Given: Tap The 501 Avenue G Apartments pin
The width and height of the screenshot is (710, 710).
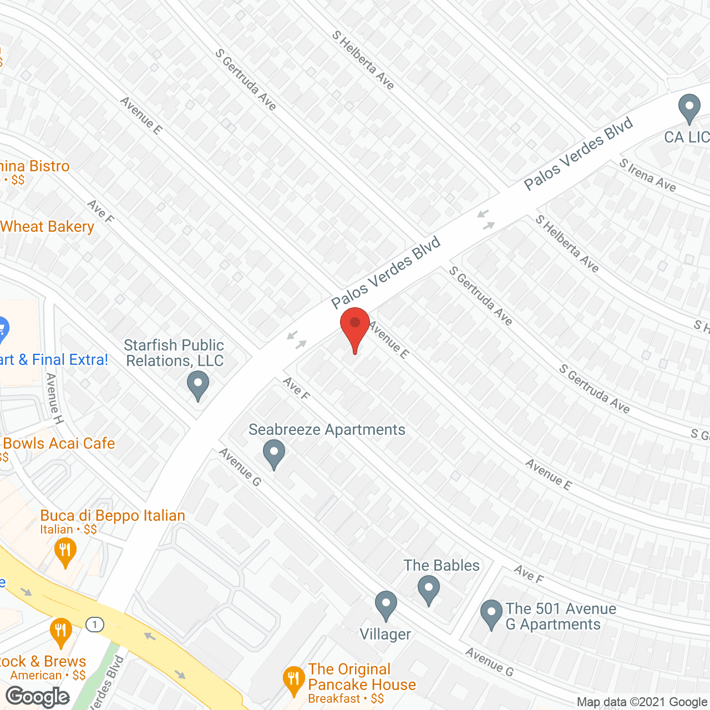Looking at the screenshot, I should tap(491, 613).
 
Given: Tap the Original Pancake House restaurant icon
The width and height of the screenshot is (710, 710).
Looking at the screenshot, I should tap(293, 680).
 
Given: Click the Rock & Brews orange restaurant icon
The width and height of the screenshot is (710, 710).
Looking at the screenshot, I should tap(60, 631).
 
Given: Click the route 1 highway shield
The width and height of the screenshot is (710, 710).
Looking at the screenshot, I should tap(95, 625).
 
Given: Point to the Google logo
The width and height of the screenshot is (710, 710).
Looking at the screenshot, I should tap(38, 697).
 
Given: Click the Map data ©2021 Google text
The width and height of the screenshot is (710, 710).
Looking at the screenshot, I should tap(642, 702).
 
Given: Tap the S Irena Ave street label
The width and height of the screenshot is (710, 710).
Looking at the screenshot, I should tap(648, 175).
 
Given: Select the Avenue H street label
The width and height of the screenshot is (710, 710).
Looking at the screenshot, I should tap(54, 398).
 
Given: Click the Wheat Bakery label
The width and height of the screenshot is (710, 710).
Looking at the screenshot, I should tap(47, 227).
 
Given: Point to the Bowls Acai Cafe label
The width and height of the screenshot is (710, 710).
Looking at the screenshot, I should tap(59, 444).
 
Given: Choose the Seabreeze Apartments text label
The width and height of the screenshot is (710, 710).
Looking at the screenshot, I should tap(327, 430).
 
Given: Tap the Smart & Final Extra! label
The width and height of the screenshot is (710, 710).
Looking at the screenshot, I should tap(54, 360).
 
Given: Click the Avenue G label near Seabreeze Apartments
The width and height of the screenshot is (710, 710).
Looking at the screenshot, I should tap(240, 467).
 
